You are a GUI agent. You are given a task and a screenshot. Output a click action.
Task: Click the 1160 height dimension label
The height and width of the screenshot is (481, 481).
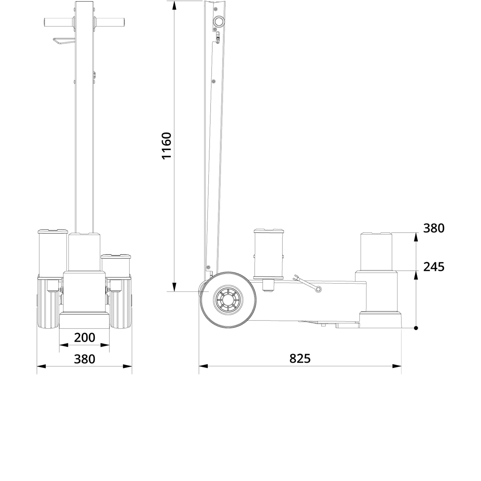tap(167, 146)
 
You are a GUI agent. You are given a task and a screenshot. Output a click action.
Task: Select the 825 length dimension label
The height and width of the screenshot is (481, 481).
tap(300, 358)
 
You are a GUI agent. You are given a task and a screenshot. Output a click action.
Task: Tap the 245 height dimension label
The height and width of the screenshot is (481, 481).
tap(434, 267)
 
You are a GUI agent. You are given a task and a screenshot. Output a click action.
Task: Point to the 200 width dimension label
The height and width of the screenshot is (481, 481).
tap(85, 337)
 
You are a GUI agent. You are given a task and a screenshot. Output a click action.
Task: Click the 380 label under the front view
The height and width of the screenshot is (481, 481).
tap(85, 359)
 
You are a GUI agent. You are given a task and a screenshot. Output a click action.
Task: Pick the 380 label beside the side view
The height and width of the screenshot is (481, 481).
tap(434, 228)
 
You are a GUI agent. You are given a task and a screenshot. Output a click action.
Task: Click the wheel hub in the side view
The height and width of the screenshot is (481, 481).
tap(228, 300)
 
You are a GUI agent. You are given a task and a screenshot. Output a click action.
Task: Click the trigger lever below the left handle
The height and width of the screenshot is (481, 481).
tap(64, 42)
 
